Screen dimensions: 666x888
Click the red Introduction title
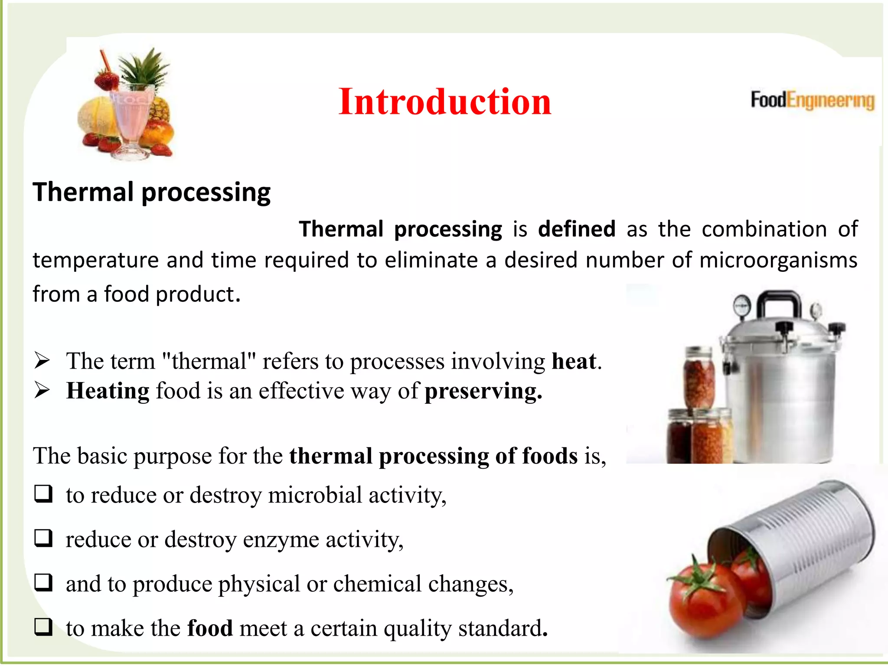(444, 101)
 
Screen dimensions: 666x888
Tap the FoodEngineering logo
(812, 100)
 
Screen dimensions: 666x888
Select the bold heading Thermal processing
(151, 192)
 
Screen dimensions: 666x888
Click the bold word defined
(576, 229)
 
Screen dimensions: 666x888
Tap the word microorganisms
(778, 260)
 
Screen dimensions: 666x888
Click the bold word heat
(574, 361)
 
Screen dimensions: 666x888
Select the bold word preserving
(483, 391)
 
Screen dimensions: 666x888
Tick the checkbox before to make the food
(43, 627)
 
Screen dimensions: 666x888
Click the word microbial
(315, 495)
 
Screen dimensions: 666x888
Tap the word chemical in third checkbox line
(377, 584)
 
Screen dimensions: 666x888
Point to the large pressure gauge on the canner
(743, 306)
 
